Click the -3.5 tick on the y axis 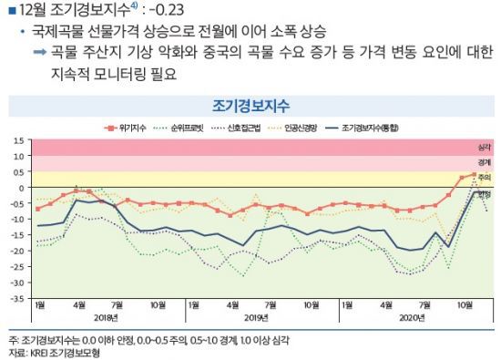pos(16,295)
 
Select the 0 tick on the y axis pos(21,188)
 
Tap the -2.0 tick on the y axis pos(16,249)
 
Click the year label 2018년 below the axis pos(105,317)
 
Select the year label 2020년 pos(412,317)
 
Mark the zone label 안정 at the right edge pos(484,193)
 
